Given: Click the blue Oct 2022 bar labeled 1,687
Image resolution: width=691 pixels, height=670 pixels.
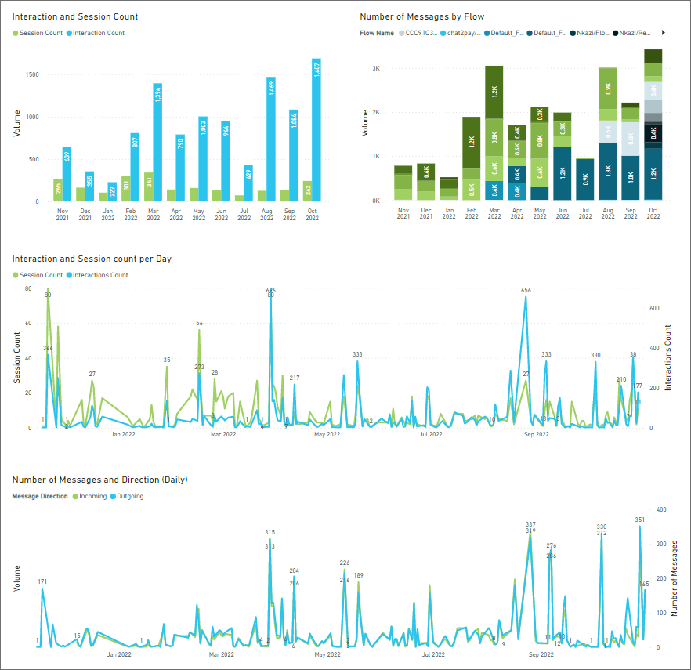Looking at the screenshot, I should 316,129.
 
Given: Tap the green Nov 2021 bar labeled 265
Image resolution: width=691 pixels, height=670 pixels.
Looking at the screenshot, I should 58,190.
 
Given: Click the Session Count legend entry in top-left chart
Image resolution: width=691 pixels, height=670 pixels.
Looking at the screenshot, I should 39,33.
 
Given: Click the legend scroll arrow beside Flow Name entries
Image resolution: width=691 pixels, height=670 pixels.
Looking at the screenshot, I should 664,33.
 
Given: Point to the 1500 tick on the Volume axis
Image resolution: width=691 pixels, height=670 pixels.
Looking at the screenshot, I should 31,74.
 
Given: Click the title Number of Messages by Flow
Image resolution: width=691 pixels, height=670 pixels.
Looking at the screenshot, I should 421,16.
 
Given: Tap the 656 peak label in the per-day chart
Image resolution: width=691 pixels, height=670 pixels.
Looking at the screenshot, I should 526,291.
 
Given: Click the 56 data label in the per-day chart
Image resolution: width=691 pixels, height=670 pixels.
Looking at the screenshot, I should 200,323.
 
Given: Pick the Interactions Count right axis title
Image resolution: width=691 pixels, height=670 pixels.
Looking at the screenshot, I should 668,357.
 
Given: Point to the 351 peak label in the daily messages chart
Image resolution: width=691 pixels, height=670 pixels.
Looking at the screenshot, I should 639,520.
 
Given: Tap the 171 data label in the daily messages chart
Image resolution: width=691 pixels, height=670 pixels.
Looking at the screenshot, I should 42,581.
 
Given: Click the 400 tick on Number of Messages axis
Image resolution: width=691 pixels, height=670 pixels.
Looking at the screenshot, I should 662,509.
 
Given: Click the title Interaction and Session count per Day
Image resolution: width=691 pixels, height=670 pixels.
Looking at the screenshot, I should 92,259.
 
